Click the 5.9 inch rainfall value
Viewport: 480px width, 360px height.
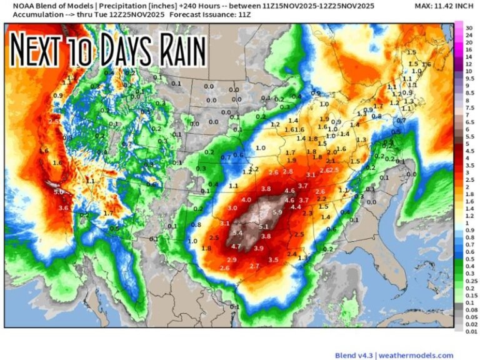277,212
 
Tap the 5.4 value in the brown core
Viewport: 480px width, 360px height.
237,233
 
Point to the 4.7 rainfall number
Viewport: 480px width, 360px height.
236,246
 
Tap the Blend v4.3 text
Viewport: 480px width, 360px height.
353,355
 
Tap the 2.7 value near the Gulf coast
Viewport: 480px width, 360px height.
254,266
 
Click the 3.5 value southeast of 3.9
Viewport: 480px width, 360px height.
273,259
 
